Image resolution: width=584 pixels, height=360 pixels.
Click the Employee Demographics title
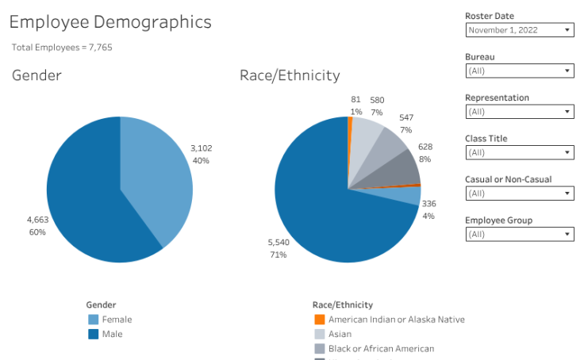110,21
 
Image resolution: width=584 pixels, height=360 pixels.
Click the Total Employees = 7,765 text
62,48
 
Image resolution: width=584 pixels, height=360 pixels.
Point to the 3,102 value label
201,148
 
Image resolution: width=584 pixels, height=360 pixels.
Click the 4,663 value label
37,219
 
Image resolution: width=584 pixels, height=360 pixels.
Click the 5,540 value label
278,241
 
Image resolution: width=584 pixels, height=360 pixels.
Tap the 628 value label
425,147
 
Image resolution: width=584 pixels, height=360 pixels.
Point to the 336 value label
428,204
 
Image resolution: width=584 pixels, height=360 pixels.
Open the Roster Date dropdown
520,30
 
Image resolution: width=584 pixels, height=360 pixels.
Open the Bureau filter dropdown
520,71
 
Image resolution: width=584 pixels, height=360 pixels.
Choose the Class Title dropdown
520,152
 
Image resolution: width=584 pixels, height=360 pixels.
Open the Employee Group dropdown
520,234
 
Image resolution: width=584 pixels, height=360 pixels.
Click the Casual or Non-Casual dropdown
520,193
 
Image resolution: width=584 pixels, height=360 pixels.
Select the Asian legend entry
340,334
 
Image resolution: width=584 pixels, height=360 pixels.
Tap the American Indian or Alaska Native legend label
396,320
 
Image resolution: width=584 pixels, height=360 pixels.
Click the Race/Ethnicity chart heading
290,75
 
